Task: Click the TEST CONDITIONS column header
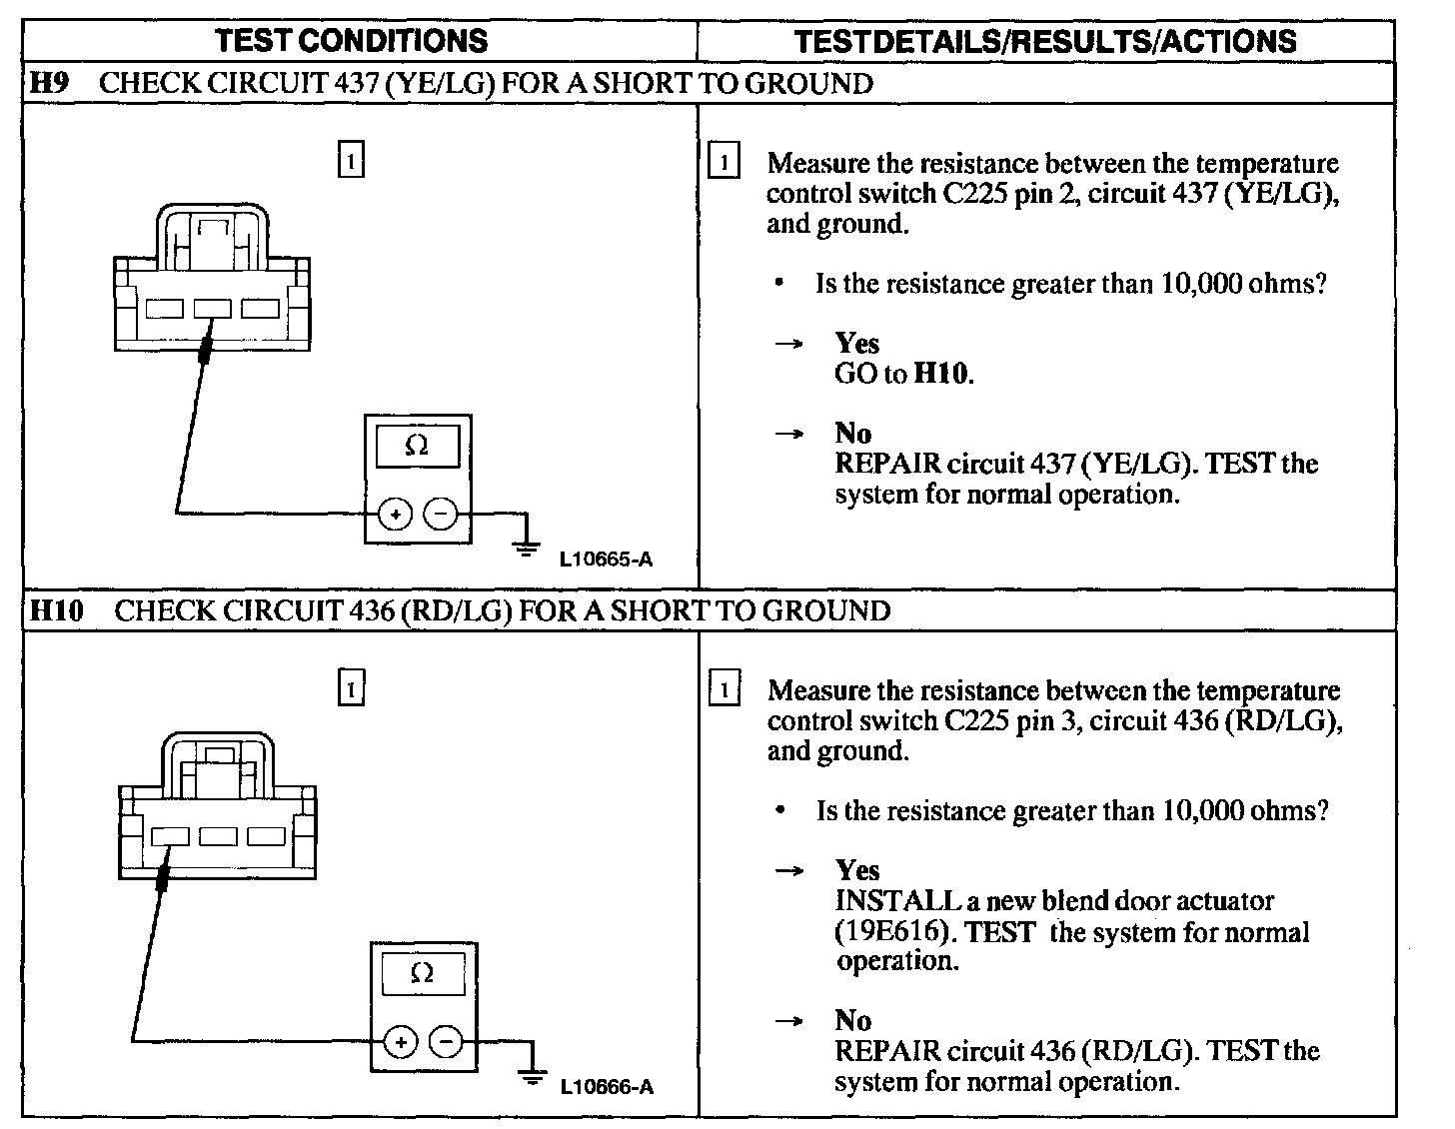(352, 41)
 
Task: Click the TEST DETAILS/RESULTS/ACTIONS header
(1045, 41)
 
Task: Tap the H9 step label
(49, 83)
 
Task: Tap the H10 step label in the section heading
(56, 610)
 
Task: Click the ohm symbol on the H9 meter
(418, 447)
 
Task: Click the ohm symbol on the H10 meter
(423, 973)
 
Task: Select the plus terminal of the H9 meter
(396, 515)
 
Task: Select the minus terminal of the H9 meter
(441, 515)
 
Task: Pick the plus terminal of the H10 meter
(401, 1042)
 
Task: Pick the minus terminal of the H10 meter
(446, 1042)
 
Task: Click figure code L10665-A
(606, 560)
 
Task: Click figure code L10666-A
(607, 1087)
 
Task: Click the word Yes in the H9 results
(856, 343)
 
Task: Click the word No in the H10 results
(852, 1020)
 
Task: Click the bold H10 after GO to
(942, 374)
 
